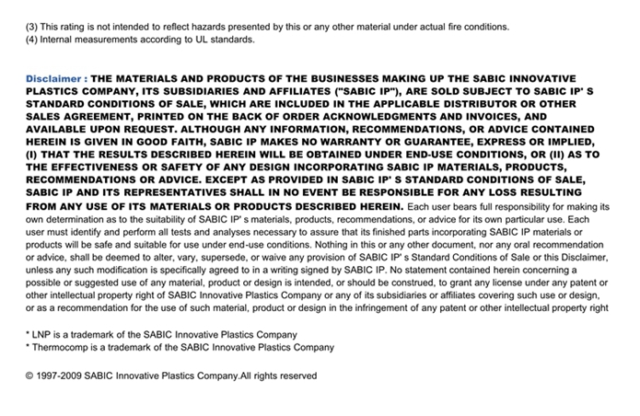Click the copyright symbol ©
(29, 376)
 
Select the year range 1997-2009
(62, 376)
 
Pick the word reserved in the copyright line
(296, 376)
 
